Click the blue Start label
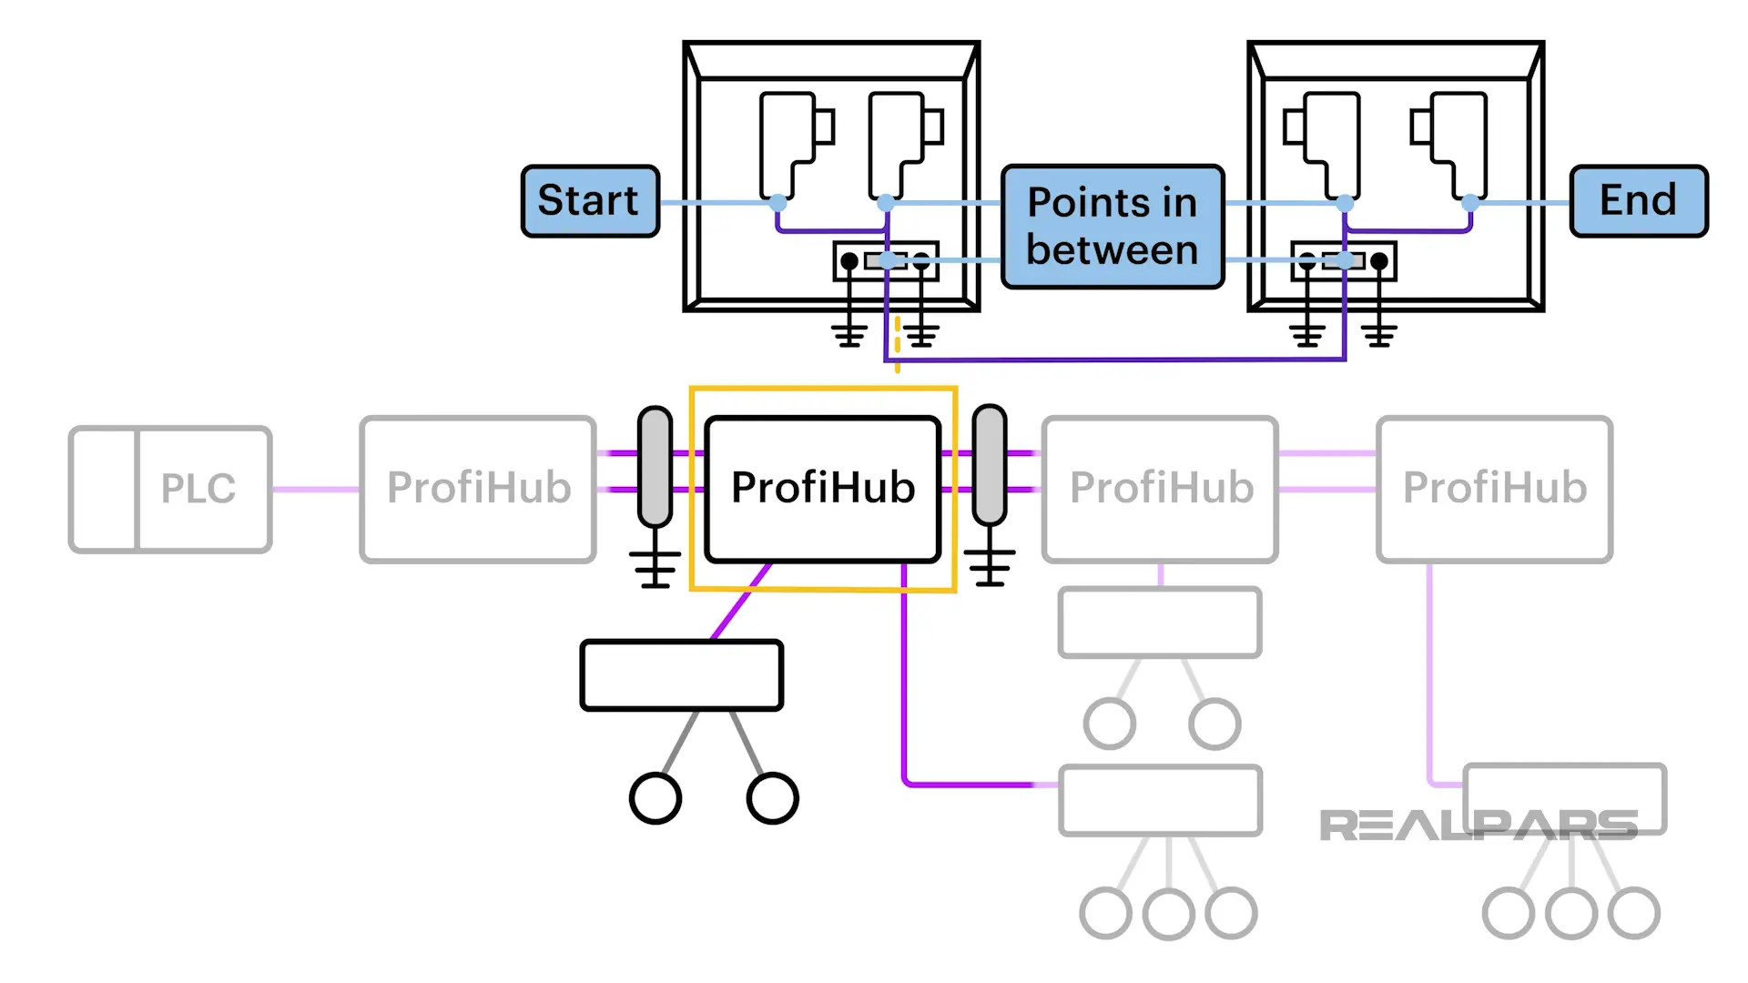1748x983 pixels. point(590,201)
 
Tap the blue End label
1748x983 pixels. point(1638,201)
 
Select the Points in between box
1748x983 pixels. point(1112,227)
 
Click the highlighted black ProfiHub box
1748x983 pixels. point(823,489)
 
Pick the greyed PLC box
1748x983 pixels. point(171,489)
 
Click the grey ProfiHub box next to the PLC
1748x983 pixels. point(478,489)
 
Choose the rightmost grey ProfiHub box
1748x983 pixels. point(1494,489)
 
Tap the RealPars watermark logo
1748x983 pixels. point(1478,826)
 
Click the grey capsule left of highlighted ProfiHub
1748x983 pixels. point(655,466)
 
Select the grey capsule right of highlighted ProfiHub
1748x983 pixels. point(990,466)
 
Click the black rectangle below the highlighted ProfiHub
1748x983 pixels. point(681,675)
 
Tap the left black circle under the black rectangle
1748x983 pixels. point(655,798)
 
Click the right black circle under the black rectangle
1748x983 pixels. point(772,798)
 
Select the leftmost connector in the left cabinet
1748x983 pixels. point(788,146)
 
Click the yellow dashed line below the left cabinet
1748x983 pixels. point(897,344)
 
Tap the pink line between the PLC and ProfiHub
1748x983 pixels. point(315,489)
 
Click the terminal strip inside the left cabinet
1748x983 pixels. point(885,261)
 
